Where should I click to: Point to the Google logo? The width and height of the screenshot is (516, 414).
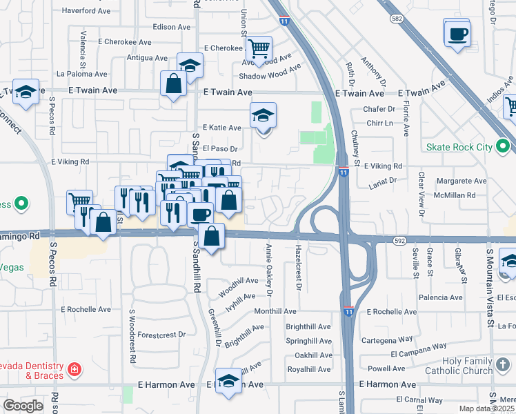(23, 406)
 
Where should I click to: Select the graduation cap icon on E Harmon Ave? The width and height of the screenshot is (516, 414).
(228, 381)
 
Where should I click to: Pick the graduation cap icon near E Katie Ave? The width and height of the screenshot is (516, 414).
(263, 115)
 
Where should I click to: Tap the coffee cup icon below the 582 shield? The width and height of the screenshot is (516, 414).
(457, 34)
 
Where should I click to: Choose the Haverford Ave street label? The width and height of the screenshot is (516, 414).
(86, 11)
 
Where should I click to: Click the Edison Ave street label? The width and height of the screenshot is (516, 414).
(171, 27)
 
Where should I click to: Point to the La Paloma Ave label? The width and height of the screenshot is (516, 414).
(82, 74)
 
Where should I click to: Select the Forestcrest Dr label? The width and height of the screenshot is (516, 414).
(161, 335)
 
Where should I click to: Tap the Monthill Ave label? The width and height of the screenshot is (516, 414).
(275, 312)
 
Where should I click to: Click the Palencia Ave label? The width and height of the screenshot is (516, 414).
(439, 298)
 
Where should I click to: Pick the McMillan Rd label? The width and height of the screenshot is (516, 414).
(456, 195)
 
